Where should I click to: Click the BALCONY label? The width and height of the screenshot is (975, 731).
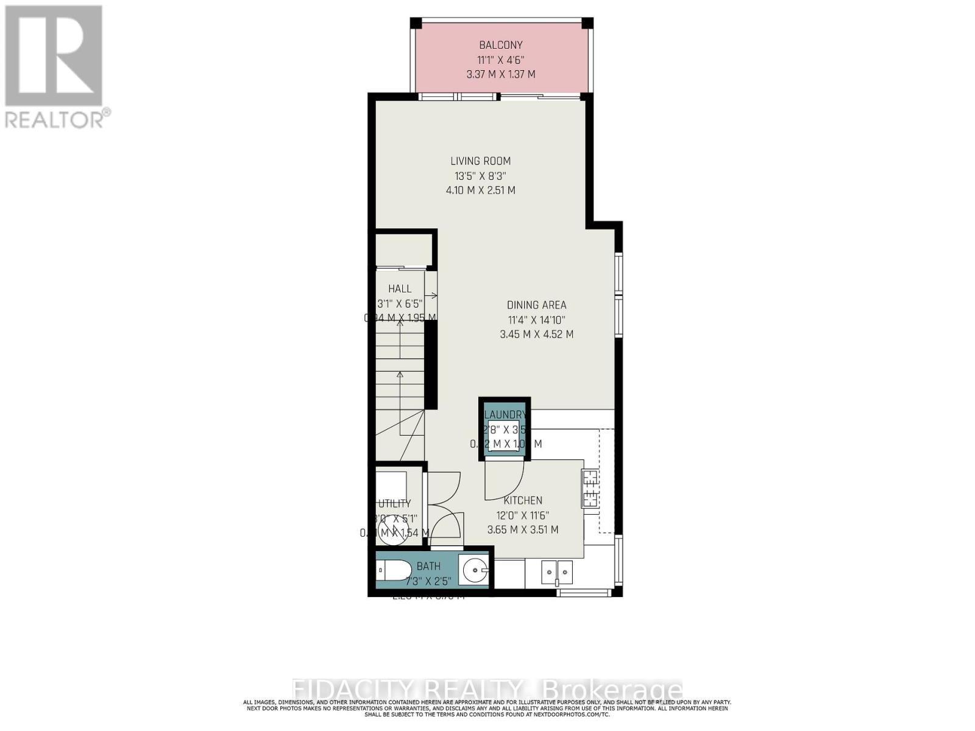coord(500,45)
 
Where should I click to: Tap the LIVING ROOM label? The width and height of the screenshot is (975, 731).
coord(480,161)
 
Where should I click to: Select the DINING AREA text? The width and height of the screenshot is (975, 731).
coord(536,305)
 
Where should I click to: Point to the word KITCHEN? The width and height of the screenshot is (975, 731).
coord(523,501)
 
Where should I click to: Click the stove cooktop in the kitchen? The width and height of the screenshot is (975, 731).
coord(590,489)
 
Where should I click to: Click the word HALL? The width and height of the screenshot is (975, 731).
coord(400,289)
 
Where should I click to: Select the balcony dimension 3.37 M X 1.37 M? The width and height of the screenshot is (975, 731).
coord(500,74)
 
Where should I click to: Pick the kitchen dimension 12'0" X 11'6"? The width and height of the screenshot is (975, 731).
coord(523,515)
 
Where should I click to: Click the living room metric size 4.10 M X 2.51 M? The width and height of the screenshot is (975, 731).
coord(480,191)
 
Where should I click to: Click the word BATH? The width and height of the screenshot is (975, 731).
coord(428,567)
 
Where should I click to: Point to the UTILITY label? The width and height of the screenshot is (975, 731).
coord(395,504)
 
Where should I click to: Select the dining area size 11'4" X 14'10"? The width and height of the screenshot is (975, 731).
coord(536,320)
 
